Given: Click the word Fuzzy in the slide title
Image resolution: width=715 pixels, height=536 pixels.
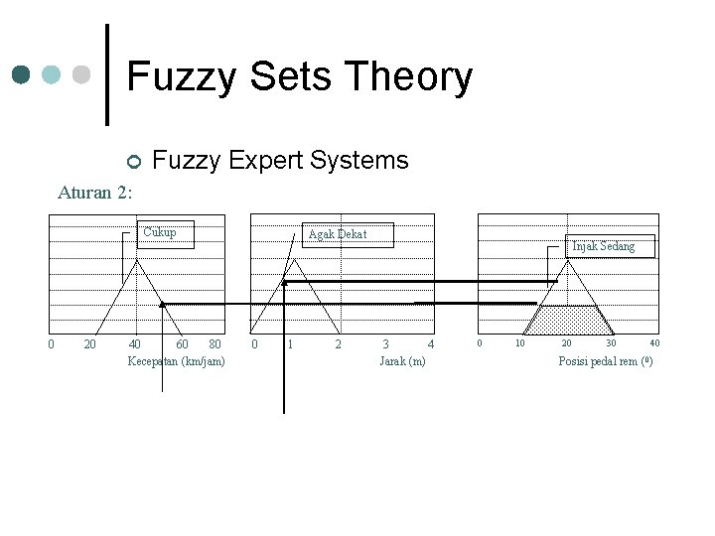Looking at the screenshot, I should click(x=180, y=77).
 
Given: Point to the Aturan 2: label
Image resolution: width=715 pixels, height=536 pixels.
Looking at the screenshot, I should click(x=95, y=193).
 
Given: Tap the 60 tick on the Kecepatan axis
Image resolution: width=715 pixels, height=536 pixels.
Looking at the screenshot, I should click(x=183, y=344).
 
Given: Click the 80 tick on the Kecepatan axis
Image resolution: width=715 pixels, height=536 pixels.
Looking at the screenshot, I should click(x=215, y=344).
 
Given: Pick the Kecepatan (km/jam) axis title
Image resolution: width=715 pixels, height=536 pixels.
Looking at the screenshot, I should click(x=177, y=360).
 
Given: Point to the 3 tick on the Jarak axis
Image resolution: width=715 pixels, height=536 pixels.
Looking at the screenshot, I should click(x=385, y=344).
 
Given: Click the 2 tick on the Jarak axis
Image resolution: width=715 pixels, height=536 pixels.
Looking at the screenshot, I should click(x=338, y=344).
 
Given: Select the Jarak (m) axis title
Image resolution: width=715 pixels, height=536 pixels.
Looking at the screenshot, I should click(x=402, y=360).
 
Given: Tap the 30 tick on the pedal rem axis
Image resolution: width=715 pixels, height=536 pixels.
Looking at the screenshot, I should click(x=611, y=343).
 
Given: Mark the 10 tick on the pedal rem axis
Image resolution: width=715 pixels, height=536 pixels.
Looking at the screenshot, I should click(x=518, y=343).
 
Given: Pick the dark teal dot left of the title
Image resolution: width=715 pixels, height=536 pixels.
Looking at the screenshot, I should click(x=22, y=75).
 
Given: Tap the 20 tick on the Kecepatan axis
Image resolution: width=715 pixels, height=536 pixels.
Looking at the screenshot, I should click(x=89, y=344).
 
